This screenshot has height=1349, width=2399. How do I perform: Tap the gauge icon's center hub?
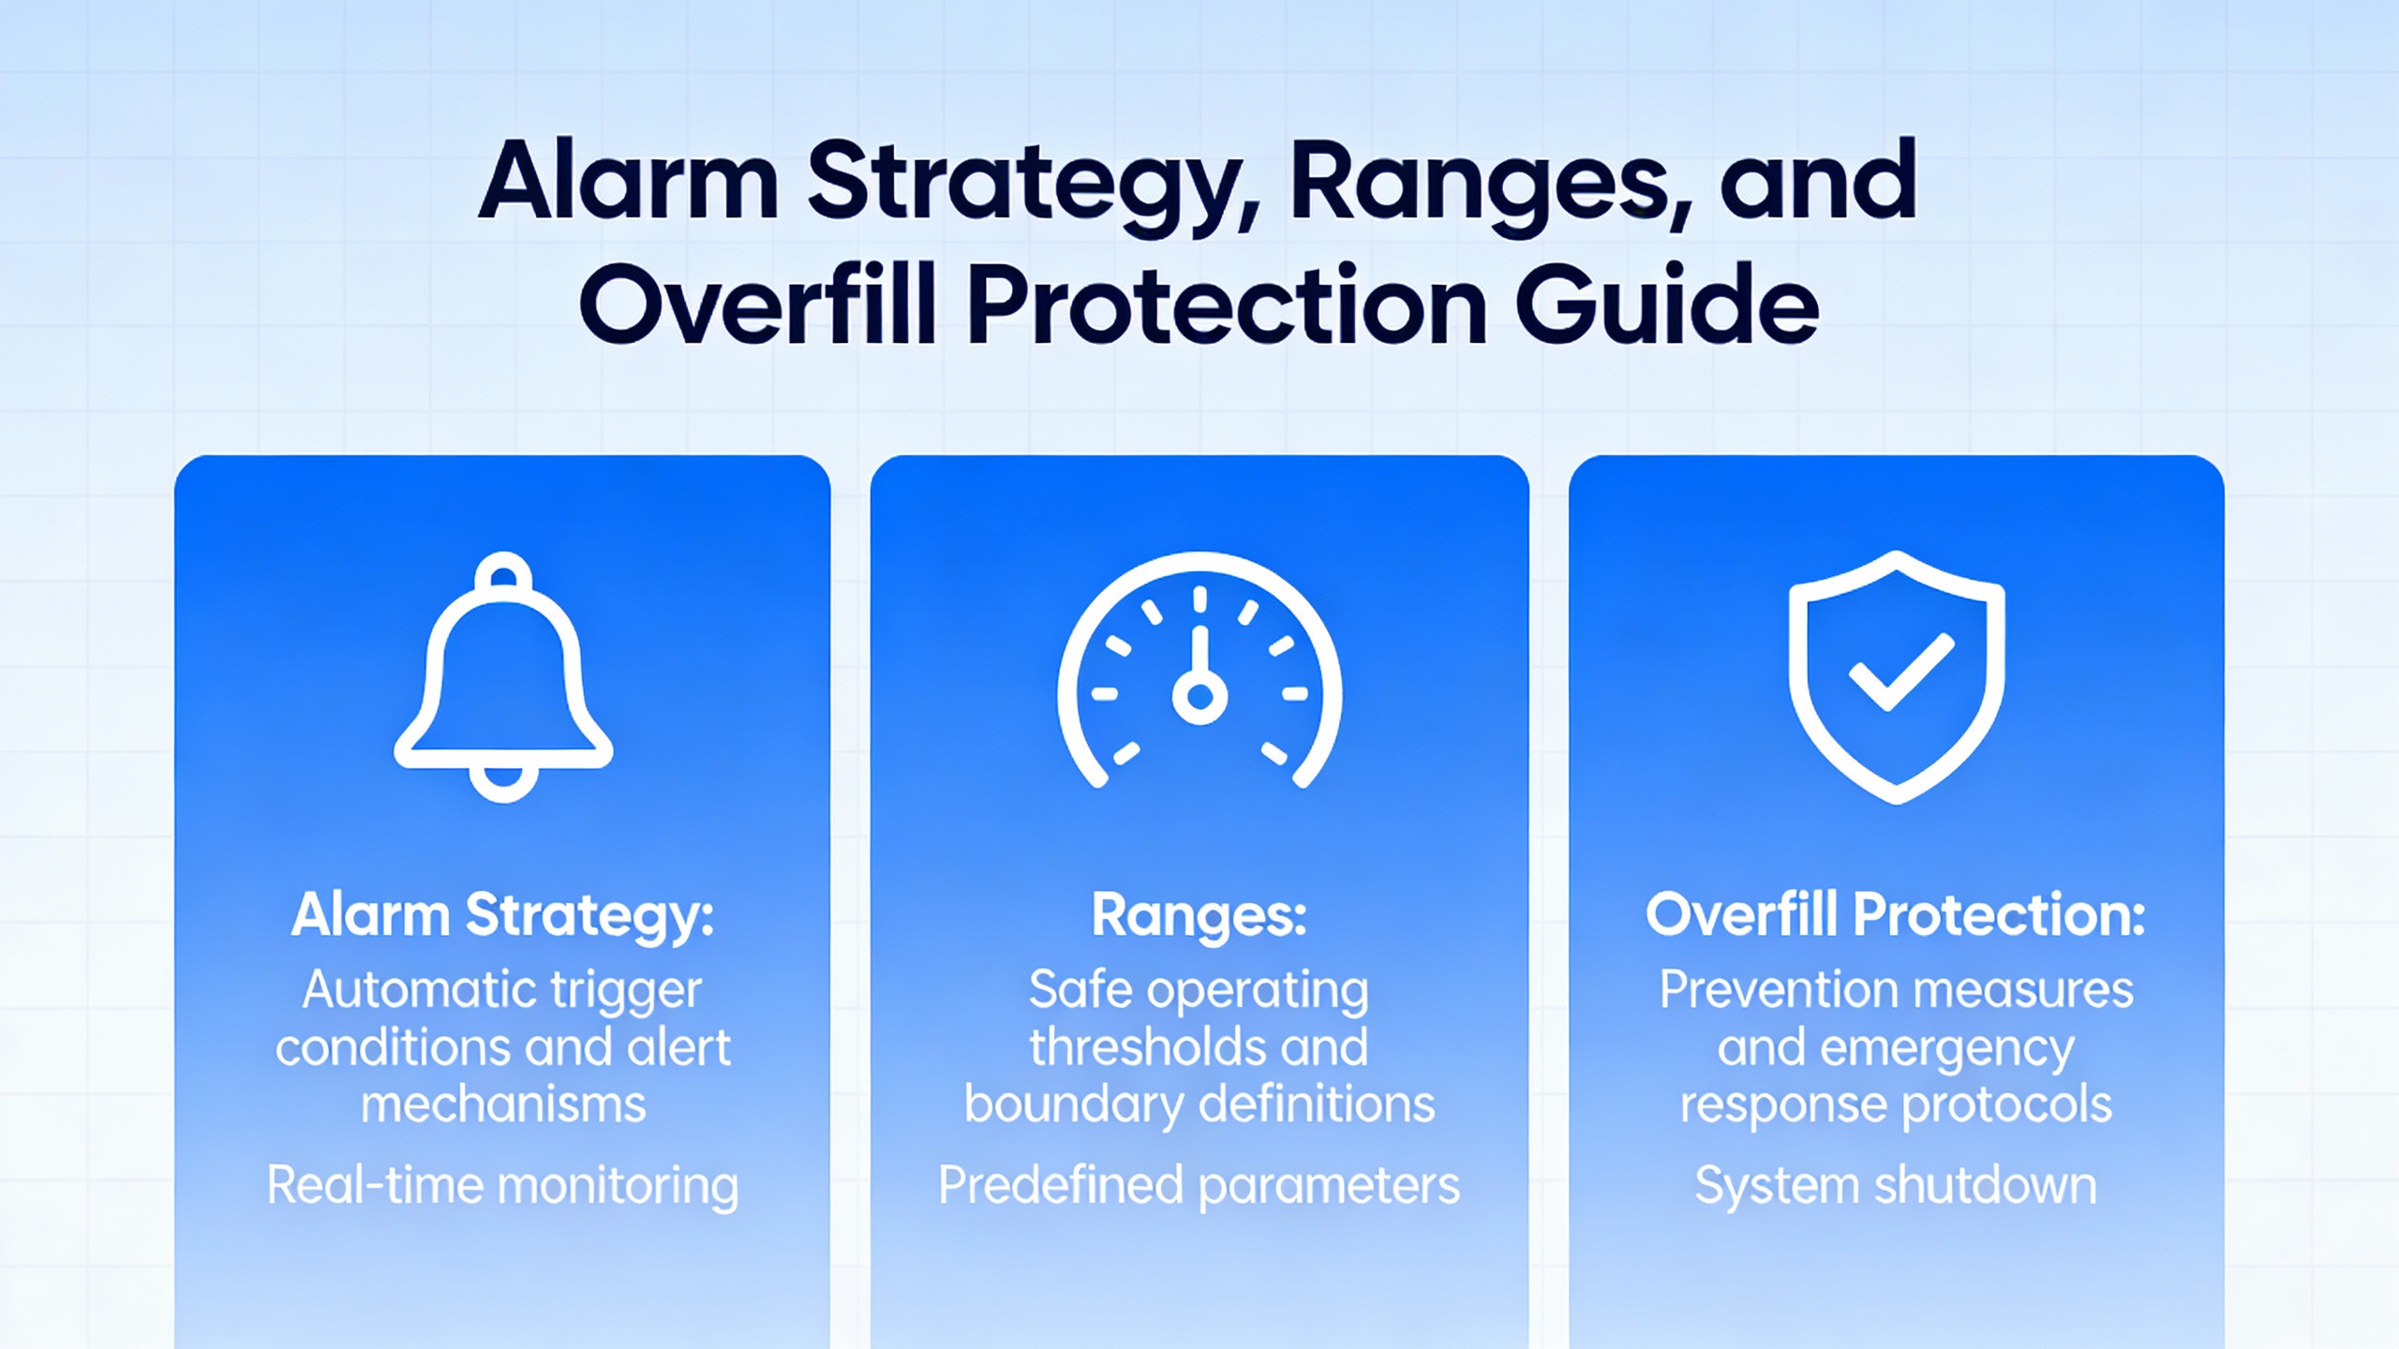pos(1199,696)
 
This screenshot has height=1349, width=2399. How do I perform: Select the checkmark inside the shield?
pos(1901,671)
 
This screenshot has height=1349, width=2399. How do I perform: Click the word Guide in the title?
pos(1667,304)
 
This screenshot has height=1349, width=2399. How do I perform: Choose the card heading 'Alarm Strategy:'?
pos(503,916)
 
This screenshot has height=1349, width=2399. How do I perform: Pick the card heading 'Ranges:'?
pos(1199,916)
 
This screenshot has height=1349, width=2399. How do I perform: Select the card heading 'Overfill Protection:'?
pos(1896,914)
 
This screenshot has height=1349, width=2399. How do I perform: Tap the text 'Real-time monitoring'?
pos(503,1186)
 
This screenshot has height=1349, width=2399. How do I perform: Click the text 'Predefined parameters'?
pos(1199,1186)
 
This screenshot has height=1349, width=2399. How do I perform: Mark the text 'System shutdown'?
pos(1896,1186)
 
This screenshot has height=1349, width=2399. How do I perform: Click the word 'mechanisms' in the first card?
pos(503,1104)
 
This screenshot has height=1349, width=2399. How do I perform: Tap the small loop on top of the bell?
pos(503,571)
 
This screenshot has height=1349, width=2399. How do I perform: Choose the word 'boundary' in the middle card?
pos(1074,1106)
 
